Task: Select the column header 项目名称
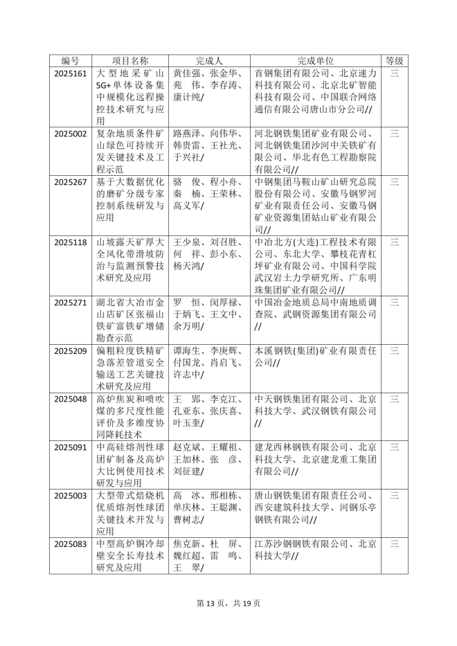130,61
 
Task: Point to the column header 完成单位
315,61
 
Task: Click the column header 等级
394,61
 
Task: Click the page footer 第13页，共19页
228,603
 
